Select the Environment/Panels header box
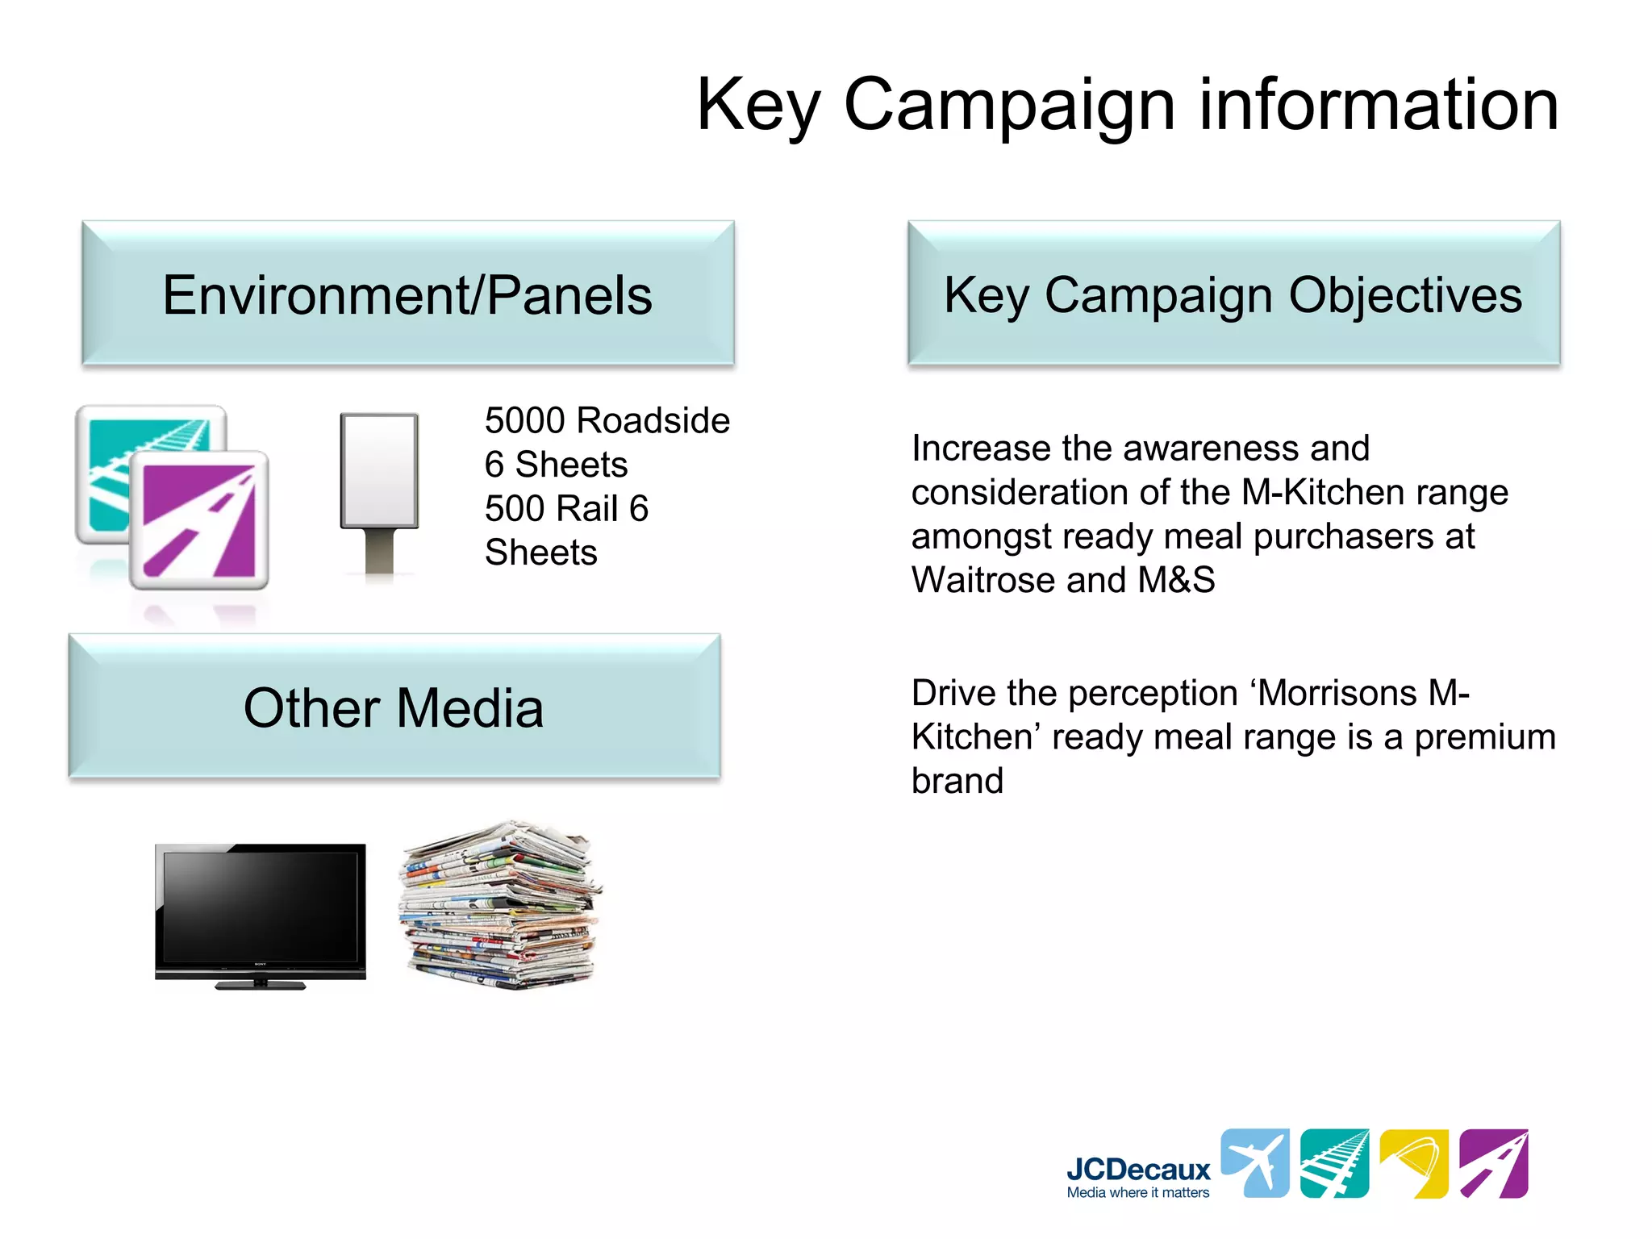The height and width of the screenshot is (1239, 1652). [407, 294]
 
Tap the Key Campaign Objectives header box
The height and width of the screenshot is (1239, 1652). [1233, 294]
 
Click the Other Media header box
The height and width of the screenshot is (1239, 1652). [394, 707]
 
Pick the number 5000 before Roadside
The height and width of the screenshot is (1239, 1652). [524, 421]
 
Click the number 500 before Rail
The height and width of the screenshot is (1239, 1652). [512, 509]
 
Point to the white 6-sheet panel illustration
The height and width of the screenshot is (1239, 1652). [379, 472]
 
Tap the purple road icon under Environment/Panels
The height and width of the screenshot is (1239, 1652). [200, 520]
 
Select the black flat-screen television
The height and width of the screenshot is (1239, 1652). [260, 907]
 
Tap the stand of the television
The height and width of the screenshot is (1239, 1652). [260, 983]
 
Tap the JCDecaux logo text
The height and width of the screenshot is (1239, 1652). [1137, 1169]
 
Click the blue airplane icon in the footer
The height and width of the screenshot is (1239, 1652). [1254, 1163]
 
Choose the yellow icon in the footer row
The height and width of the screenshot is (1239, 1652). [1413, 1163]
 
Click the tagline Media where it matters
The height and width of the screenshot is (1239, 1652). [1137, 1193]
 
